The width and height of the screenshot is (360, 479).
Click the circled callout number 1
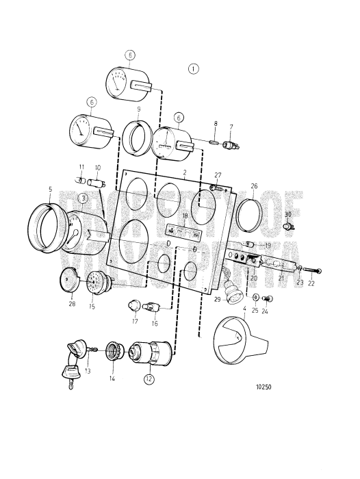tap(194, 68)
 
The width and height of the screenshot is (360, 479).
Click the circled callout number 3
tap(81, 198)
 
